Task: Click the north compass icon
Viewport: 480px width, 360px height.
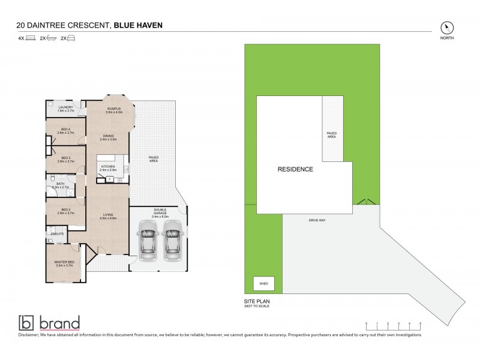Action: coord(447,28)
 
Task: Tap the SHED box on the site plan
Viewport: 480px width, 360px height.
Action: coord(263,284)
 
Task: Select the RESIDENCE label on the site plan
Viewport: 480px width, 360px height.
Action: coord(295,170)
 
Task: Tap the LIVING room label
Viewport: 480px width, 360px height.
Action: coord(108,215)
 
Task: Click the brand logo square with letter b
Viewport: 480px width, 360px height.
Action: coord(26,322)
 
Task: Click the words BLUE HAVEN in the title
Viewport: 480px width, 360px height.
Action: coord(137,26)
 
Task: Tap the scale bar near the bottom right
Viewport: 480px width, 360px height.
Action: coord(394,325)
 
